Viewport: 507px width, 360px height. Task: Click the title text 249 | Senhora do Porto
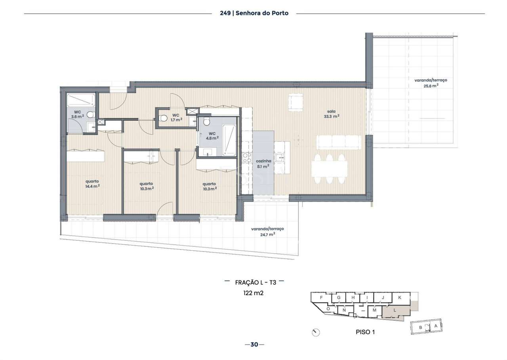[254, 13]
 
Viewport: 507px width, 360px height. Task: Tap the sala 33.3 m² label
[331, 114]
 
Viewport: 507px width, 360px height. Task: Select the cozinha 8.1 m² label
[263, 164]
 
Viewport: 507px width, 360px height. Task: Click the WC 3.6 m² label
[77, 114]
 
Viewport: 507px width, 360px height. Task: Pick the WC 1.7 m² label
[176, 117]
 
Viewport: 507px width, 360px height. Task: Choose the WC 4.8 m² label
[212, 136]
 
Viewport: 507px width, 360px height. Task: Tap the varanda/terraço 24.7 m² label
[267, 231]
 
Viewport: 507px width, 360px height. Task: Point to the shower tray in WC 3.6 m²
[81, 99]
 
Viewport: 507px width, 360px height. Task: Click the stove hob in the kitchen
[246, 158]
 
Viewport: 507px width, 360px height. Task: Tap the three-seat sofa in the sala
[339, 142]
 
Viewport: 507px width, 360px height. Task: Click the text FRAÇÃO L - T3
[255, 282]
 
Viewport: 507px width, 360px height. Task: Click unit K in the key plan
[400, 297]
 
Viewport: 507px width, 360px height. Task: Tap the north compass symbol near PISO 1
[316, 332]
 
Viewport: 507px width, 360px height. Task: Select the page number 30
[254, 345]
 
